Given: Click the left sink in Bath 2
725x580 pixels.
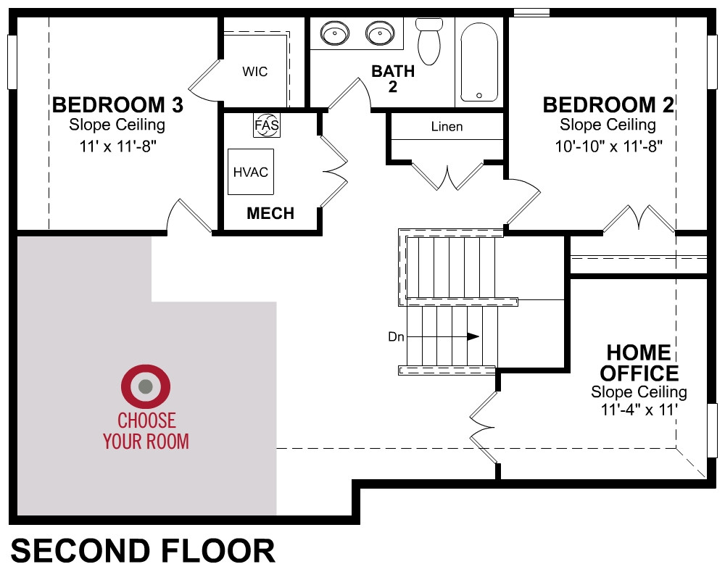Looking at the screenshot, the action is pos(335,33).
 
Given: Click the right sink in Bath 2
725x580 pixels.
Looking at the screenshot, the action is pos(380,33).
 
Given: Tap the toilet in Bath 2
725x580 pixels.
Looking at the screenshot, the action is pos(429,41).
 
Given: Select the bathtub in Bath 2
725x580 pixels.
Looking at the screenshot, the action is pos(479,62).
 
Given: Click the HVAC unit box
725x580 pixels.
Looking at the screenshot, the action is pos(251,172).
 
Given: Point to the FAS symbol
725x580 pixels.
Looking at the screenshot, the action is pos(267,125).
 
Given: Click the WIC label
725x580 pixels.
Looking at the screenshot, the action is pos(254,72).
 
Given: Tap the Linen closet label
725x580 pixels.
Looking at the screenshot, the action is pos(447,126).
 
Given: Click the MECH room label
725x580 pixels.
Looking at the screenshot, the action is pos(270,213).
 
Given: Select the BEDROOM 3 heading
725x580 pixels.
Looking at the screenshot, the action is pos(117,105).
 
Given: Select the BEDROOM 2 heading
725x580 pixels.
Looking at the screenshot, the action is pos(608,105).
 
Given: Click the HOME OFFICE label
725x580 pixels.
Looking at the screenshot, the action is pos(639,362).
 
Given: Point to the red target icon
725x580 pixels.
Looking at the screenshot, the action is pos(146,386).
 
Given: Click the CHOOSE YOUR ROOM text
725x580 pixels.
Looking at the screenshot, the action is pos(146,431).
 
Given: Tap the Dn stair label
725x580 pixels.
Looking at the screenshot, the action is pos(396,336).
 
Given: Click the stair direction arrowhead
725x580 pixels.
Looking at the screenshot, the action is pos(473,336).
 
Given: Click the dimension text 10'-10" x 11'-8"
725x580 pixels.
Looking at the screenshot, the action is pos(608,146).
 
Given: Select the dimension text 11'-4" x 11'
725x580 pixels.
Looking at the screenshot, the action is pos(639,410).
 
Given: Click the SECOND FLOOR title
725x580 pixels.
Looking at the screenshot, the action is pos(143,550).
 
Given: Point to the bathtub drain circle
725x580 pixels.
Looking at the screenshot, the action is pos(479,96).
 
